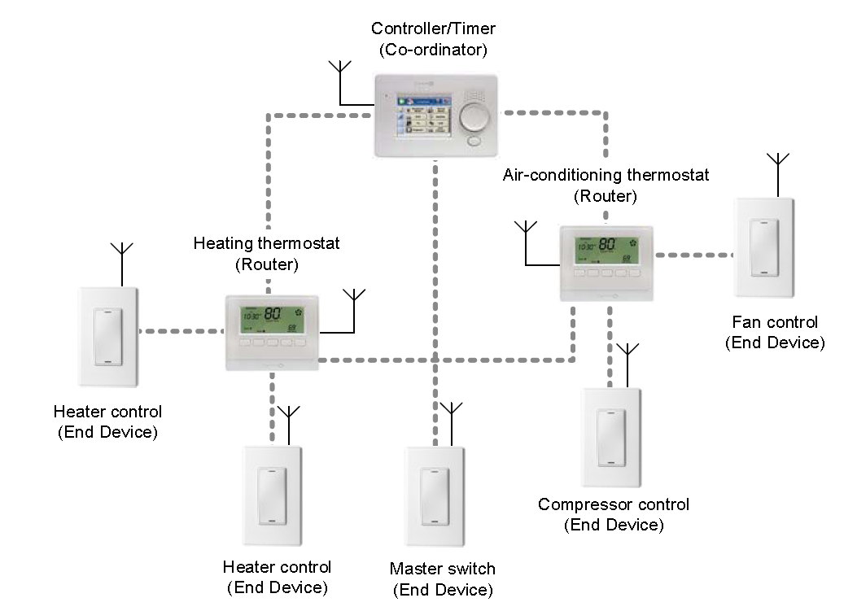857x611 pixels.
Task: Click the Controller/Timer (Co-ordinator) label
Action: [x=433, y=39]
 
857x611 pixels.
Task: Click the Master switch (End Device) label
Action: [x=442, y=578]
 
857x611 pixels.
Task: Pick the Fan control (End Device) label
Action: [x=774, y=333]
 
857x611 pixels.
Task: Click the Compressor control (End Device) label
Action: [x=614, y=514]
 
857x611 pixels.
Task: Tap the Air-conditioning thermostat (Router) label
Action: [x=606, y=185]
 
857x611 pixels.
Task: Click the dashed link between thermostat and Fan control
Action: [x=694, y=255]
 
